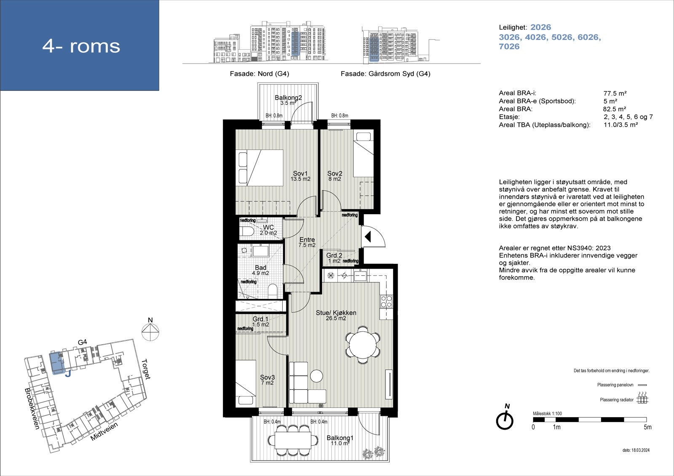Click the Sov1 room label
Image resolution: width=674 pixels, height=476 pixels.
click(x=300, y=173)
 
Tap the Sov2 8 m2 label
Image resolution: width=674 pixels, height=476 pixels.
click(x=334, y=176)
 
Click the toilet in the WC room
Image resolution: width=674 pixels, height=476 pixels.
click(x=246, y=232)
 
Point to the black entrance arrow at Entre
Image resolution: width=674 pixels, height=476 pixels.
click(x=367, y=237)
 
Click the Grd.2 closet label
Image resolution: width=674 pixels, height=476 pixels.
click(x=334, y=255)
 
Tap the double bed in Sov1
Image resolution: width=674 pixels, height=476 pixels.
click(x=259, y=168)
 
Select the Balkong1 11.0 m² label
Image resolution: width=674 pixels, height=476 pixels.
click(x=340, y=440)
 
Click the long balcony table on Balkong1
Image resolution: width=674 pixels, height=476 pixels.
click(x=294, y=440)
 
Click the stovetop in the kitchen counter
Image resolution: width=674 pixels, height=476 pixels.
click(x=386, y=301)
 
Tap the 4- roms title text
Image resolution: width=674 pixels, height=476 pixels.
click(x=81, y=46)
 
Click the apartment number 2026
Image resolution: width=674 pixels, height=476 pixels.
click(x=540, y=27)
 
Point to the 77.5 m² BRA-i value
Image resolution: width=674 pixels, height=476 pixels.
click(x=615, y=93)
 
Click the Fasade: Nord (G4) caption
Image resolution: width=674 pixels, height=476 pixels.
click(x=259, y=74)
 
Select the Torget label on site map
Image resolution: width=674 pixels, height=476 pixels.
click(x=146, y=369)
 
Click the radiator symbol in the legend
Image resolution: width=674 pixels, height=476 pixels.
click(x=642, y=398)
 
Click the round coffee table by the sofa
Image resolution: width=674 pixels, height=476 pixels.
click(x=316, y=375)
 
